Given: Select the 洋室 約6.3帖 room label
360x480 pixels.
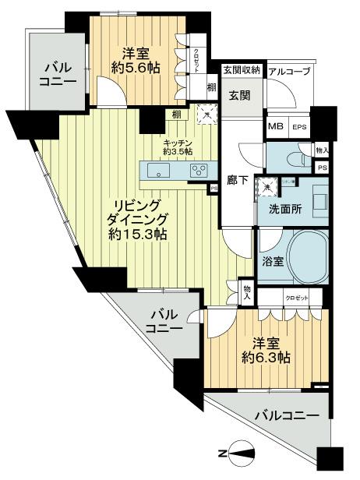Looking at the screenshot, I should (x=266, y=351).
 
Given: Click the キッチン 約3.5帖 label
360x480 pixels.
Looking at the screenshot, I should (x=178, y=146).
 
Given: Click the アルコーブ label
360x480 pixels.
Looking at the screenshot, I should (x=289, y=72).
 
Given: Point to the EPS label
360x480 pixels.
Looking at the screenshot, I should (x=299, y=128).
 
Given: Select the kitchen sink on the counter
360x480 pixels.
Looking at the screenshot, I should (x=156, y=170).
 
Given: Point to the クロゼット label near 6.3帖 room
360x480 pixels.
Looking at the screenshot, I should (x=297, y=298).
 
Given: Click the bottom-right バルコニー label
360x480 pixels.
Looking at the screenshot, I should (x=285, y=418).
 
